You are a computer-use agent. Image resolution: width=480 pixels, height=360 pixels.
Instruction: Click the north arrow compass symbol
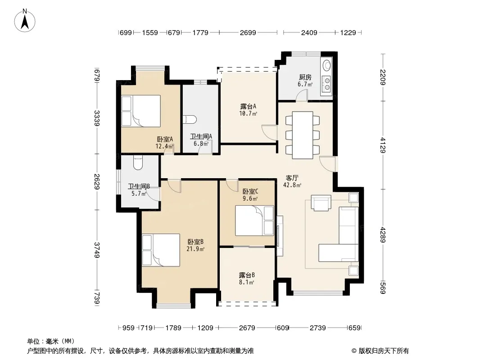point(25,21)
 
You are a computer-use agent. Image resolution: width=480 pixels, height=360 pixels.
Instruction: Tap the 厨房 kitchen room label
point(305,77)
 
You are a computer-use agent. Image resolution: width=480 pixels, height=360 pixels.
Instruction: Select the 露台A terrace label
point(248,106)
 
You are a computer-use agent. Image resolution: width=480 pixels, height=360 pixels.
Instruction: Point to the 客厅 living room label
point(292,178)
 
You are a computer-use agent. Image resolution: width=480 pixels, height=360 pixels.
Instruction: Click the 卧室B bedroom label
point(195,242)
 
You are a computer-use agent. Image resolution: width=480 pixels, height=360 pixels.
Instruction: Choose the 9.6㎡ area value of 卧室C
point(250,198)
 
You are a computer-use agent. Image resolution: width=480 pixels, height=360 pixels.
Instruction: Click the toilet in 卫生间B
point(138,163)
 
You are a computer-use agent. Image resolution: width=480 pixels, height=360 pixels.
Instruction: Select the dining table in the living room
point(303,135)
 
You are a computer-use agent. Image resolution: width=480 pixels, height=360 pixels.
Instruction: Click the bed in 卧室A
point(141,111)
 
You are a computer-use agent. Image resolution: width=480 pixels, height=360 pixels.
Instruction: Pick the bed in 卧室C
point(254,220)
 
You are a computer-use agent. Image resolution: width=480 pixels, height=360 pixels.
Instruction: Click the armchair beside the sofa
point(321,203)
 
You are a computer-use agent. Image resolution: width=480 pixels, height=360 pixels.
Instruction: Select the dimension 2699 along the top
point(248,32)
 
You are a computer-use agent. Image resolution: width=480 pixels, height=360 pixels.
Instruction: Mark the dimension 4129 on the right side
point(383,145)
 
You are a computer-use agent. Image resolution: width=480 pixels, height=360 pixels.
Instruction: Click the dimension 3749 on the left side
point(97,250)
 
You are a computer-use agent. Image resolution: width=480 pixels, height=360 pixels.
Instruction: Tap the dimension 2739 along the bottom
point(317,328)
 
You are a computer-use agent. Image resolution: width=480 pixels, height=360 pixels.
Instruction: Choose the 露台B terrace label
point(247,275)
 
